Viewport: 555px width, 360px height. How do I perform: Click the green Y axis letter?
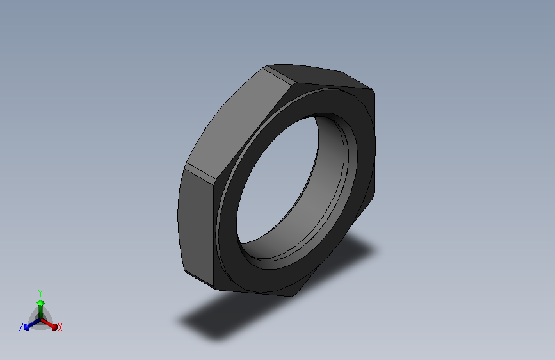click(40, 293)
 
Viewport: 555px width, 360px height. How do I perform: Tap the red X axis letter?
click(60, 328)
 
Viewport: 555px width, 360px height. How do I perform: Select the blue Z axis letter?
click(21, 327)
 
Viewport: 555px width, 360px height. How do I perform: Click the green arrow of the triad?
click(41, 308)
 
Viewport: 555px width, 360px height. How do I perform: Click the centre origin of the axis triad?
click(41, 320)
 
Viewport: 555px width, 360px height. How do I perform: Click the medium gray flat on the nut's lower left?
click(197, 227)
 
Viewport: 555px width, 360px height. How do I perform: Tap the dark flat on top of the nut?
click(319, 76)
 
